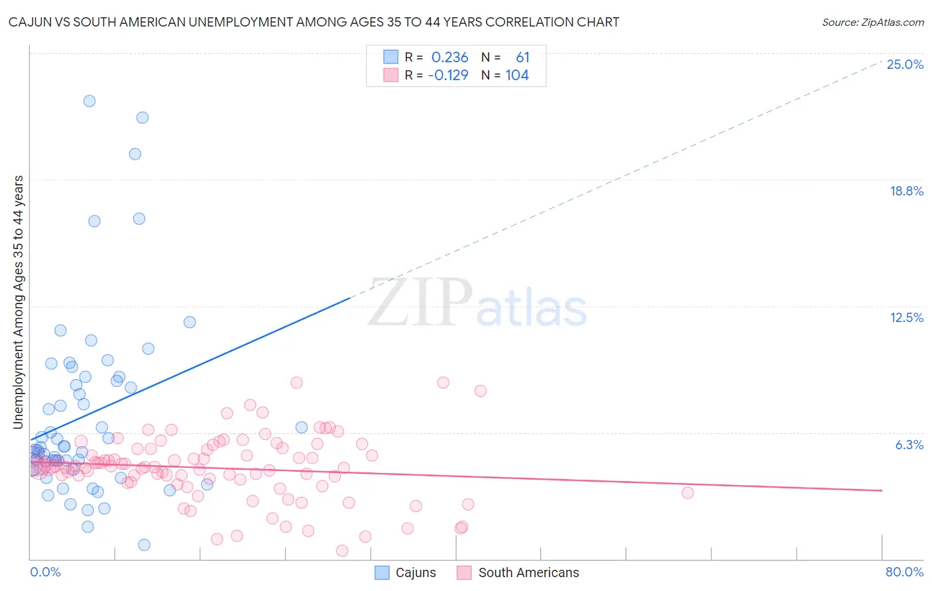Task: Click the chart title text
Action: click(314, 22)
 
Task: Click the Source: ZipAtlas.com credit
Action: click(872, 22)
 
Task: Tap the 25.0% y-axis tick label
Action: click(905, 64)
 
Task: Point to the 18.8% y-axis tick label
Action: click(906, 191)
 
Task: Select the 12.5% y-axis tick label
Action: click(906, 317)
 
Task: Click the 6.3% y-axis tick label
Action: click(909, 445)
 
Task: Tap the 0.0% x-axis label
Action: click(45, 572)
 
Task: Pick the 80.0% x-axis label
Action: click(904, 572)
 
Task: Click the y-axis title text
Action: click(18, 302)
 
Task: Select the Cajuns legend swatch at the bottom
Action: click(382, 572)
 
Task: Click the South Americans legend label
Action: click(528, 572)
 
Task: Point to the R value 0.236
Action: click(449, 58)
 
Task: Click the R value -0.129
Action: click(448, 76)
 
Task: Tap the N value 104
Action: click(517, 76)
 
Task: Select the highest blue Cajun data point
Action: click(89, 101)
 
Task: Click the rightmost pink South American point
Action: click(687, 492)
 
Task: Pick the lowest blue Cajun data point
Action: click(144, 545)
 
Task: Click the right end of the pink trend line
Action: click(882, 490)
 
